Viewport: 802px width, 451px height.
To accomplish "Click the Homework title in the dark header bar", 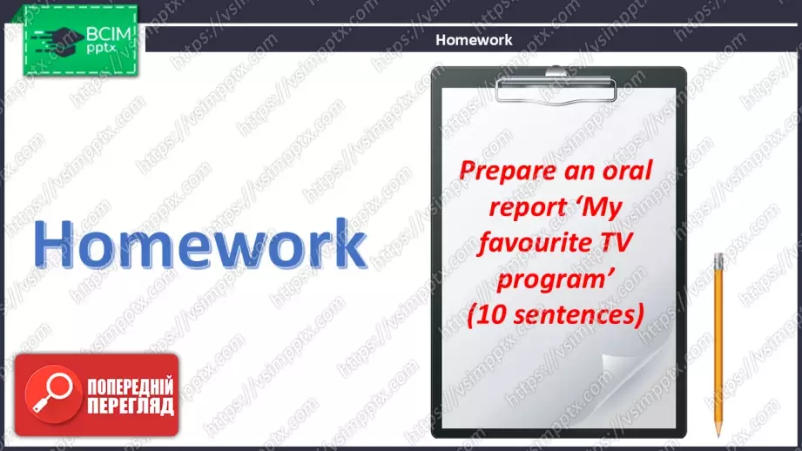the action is (474, 40).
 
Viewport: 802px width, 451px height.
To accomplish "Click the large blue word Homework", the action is (199, 244).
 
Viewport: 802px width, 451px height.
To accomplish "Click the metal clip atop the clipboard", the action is (556, 85).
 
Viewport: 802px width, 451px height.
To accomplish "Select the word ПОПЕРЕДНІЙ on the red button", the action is (131, 387).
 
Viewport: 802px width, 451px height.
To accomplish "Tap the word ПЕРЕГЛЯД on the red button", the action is (131, 407).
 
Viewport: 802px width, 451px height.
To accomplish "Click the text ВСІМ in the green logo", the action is (109, 34).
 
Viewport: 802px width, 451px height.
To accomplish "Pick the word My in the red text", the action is (602, 208).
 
